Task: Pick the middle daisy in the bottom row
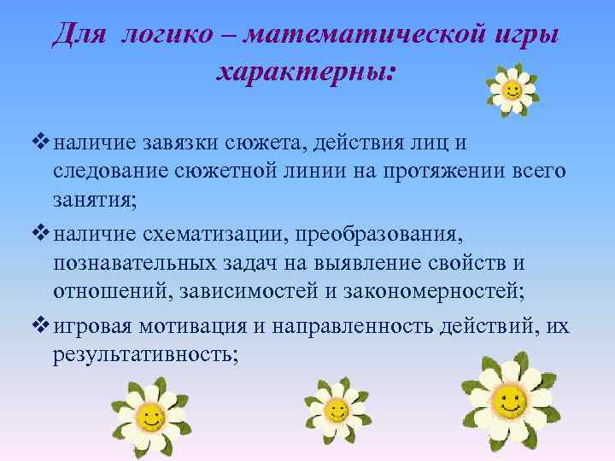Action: click(337, 411)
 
